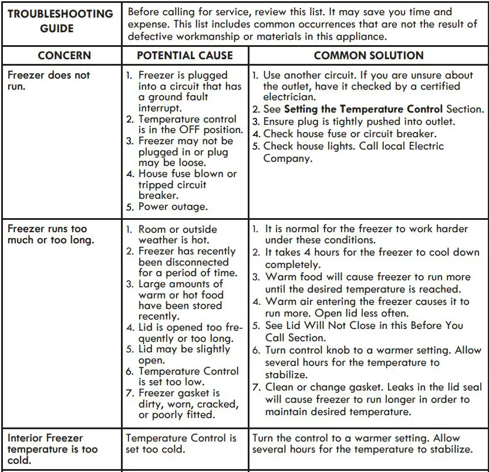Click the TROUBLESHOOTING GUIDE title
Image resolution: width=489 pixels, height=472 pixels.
(60, 21)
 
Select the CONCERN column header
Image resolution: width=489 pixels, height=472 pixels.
(65, 56)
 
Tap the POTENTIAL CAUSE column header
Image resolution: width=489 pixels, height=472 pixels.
(185, 56)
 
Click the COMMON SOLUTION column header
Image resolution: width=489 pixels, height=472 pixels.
(369, 56)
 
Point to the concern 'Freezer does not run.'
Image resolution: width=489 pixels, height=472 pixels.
(49, 80)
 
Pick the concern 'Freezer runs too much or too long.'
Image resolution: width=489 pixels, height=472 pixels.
(47, 235)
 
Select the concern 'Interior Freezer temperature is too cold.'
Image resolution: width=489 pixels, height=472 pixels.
(53, 449)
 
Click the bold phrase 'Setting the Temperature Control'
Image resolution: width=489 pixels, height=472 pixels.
(363, 110)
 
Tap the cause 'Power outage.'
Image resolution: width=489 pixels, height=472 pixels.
(173, 206)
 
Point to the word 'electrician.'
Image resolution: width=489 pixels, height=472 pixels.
(289, 97)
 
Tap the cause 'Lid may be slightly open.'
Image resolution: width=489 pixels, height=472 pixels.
(184, 355)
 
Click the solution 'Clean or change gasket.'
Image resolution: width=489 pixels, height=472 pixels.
(329, 387)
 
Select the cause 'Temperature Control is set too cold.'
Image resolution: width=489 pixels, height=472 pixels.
(181, 444)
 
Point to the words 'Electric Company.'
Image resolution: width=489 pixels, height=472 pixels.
(352, 152)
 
